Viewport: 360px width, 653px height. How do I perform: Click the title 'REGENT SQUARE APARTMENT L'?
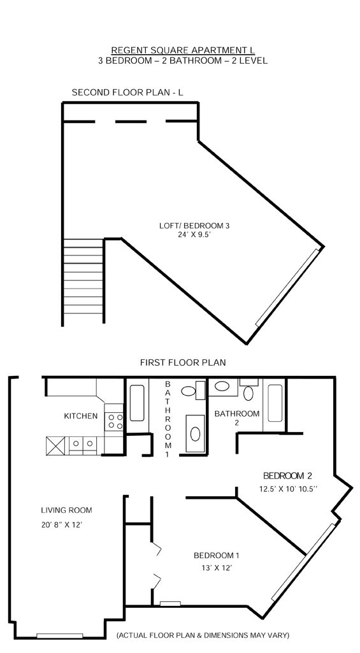pos(183,50)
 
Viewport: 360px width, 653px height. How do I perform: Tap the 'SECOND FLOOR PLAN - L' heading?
pos(127,92)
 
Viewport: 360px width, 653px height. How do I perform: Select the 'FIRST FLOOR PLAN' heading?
pos(183,362)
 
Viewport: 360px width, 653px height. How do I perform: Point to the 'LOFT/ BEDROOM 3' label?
pos(194,226)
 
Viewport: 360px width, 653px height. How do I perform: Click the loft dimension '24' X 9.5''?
pos(194,234)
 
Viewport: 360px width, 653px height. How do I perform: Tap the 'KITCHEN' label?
pos(81,415)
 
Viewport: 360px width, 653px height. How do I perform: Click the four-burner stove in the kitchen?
pos(114,421)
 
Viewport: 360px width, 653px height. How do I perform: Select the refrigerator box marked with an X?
pos(56,445)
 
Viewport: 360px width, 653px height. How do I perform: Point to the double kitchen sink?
pos(82,443)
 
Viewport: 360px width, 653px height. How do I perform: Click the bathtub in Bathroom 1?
pos(137,403)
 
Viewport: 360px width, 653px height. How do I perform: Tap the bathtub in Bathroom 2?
pos(275,403)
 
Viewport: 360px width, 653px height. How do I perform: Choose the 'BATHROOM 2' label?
pos(236,418)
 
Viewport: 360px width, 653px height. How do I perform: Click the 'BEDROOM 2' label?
pos(287,476)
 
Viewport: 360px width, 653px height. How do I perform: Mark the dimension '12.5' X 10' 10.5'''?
pos(289,489)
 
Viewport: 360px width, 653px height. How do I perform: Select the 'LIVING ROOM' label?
pos(66,510)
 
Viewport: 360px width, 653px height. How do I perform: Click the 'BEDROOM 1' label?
pos(217,556)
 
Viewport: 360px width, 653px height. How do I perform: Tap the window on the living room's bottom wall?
pos(60,636)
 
